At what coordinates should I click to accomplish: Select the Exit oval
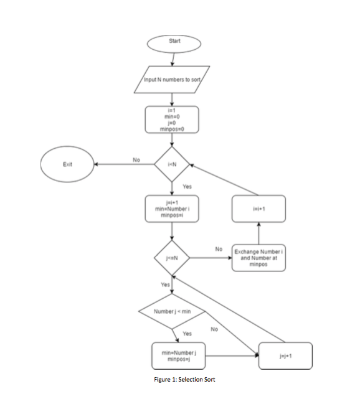[67, 165]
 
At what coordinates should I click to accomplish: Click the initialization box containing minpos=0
[171, 120]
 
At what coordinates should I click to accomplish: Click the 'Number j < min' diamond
[171, 311]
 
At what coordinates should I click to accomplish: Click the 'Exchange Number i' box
[259, 258]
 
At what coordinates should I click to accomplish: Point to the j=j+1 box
[286, 355]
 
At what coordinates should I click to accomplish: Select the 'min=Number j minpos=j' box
[179, 356]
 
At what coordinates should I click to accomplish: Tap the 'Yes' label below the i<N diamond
[187, 187]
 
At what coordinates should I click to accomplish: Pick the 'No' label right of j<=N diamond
[219, 249]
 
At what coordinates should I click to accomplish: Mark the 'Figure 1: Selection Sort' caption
[184, 380]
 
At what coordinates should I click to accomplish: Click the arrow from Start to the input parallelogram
[173, 59]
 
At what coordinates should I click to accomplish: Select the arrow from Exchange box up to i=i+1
[260, 233]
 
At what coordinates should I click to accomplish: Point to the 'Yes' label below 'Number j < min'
[186, 334]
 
